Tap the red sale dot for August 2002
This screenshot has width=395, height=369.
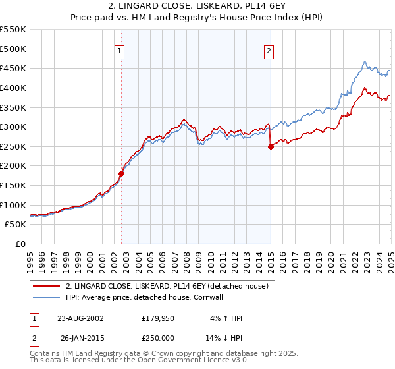tap(121, 174)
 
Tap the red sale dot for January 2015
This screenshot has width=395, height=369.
tap(271, 146)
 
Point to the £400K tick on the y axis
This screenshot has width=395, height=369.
tap(13, 88)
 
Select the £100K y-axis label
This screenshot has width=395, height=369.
tap(13, 205)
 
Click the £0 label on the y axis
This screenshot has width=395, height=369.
tap(20, 244)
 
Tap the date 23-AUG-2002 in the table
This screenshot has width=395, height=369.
tap(80, 318)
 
